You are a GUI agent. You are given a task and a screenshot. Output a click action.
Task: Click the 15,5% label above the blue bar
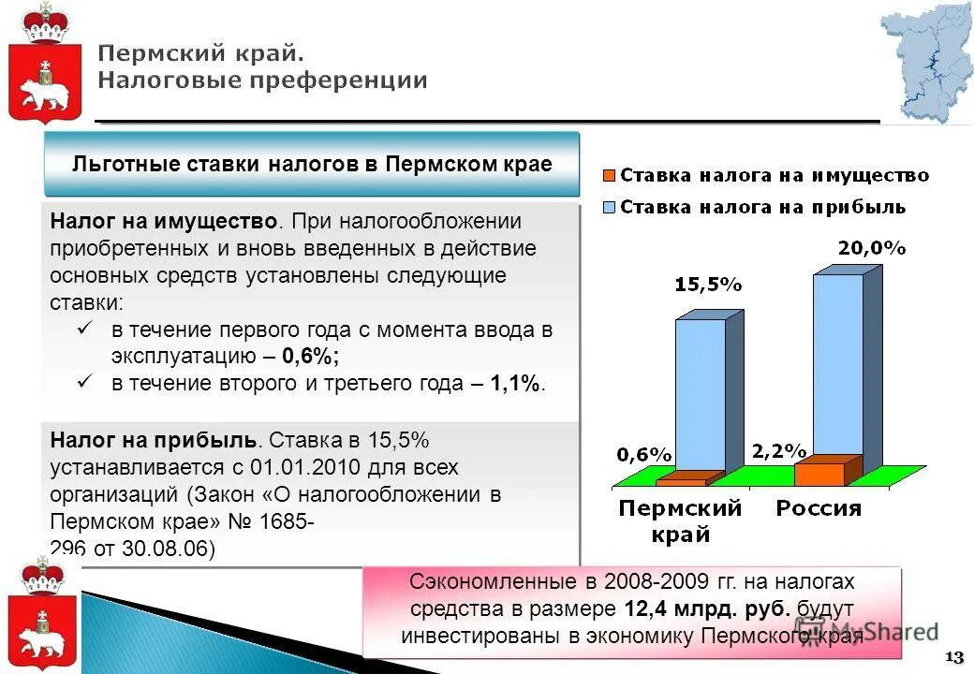pos(708,286)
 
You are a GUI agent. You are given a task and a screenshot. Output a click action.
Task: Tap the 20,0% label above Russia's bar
pos(871,249)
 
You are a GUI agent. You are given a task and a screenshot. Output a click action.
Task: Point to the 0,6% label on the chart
pos(643,455)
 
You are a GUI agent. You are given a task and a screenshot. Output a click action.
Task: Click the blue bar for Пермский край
pos(700,393)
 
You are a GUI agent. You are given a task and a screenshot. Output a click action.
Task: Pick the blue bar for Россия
pos(837,365)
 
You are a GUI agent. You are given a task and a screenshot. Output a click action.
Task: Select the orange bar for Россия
pos(819,473)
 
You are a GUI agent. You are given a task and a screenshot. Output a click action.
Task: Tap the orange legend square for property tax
pos(609,175)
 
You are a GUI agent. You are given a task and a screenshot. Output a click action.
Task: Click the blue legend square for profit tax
pos(609,206)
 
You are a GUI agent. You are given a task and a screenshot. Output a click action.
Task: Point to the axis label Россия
pos(818,509)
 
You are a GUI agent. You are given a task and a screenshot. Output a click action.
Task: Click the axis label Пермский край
pos(679,521)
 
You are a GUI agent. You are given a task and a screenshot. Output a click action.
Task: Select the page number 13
pos(955,654)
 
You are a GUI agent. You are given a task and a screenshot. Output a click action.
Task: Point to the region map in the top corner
pos(924,62)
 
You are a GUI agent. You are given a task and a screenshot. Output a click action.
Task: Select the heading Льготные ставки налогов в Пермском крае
pos(312,164)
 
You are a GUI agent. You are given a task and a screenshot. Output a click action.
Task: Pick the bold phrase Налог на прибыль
pos(153,440)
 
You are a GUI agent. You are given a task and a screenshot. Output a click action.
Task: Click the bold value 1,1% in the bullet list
pos(516,384)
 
